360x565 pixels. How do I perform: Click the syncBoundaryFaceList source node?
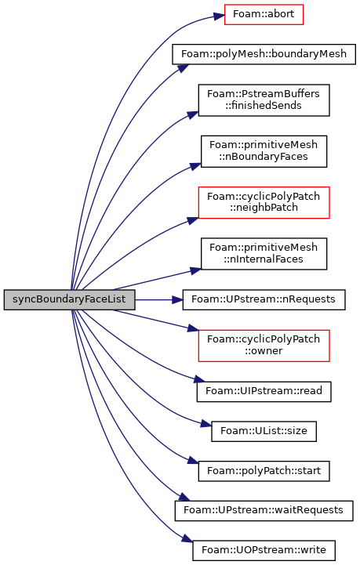tap(69, 299)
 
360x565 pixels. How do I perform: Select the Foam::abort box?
tap(264, 14)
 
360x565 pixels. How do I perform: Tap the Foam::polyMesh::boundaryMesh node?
tap(264, 54)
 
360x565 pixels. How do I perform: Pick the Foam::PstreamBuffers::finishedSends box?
tap(264, 100)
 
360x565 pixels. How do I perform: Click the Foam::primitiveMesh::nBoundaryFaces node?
tap(264, 151)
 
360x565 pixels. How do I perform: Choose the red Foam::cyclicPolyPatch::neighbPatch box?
tap(264, 202)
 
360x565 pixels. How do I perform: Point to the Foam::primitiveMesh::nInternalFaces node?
tap(264, 254)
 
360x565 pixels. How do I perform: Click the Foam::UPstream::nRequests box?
tap(264, 299)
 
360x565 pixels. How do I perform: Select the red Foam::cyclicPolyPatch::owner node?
tap(264, 346)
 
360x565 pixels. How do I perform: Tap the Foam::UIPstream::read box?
tap(264, 391)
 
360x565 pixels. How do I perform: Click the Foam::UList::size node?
tap(264, 431)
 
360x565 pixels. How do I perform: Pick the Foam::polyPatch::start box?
tap(264, 471)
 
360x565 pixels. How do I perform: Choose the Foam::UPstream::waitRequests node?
tap(264, 511)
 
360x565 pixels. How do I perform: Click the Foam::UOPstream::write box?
tap(264, 550)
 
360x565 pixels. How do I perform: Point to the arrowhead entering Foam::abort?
tap(219, 16)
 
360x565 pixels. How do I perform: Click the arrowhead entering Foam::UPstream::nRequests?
tap(177, 299)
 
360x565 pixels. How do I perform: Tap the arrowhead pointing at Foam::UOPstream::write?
tap(187, 539)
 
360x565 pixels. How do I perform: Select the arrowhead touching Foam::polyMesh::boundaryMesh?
tap(184, 68)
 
